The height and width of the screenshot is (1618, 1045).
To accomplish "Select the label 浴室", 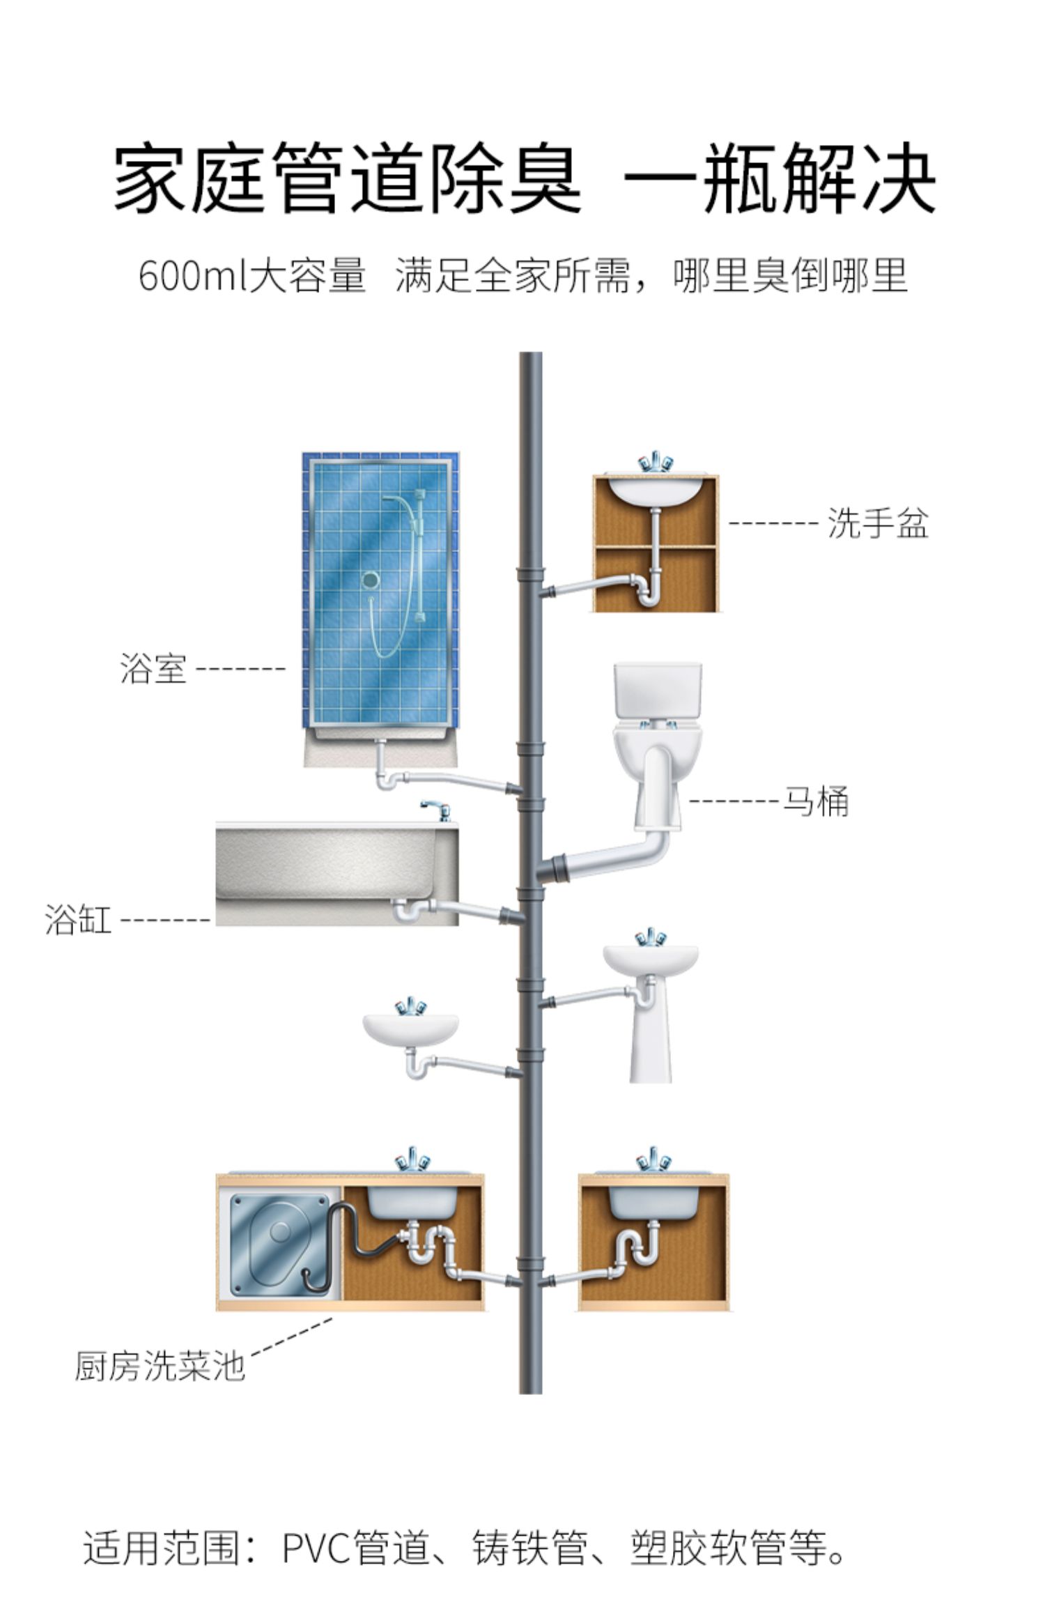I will coord(153,668).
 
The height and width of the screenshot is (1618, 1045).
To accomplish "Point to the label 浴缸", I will coord(78,919).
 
